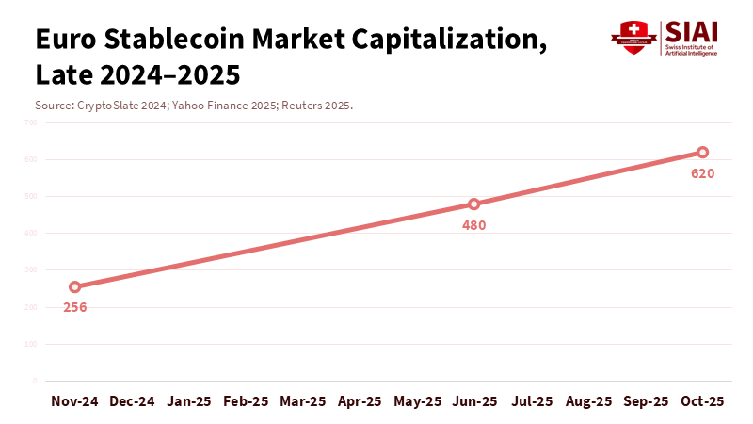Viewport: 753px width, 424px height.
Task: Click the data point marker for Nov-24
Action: [75, 286]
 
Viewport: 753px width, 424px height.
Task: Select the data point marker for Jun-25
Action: [474, 204]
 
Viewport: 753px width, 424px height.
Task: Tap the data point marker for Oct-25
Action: [702, 152]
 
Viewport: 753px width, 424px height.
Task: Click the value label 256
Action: [75, 307]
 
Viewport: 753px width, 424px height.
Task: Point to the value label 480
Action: [474, 225]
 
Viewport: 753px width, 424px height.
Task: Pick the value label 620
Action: [702, 173]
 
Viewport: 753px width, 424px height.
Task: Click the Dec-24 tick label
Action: [133, 401]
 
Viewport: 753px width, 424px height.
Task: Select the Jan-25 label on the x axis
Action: [189, 401]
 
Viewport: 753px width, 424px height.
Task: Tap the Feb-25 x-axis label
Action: [247, 401]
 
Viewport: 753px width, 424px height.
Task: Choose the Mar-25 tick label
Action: [303, 401]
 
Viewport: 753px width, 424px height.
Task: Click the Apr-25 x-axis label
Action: [360, 401]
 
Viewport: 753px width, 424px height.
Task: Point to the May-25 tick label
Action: [417, 401]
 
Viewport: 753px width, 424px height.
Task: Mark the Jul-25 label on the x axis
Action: [532, 401]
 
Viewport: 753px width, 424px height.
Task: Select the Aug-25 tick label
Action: [588, 401]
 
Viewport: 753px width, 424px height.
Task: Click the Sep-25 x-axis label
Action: [646, 401]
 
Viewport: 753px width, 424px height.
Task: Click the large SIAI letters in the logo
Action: [690, 31]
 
